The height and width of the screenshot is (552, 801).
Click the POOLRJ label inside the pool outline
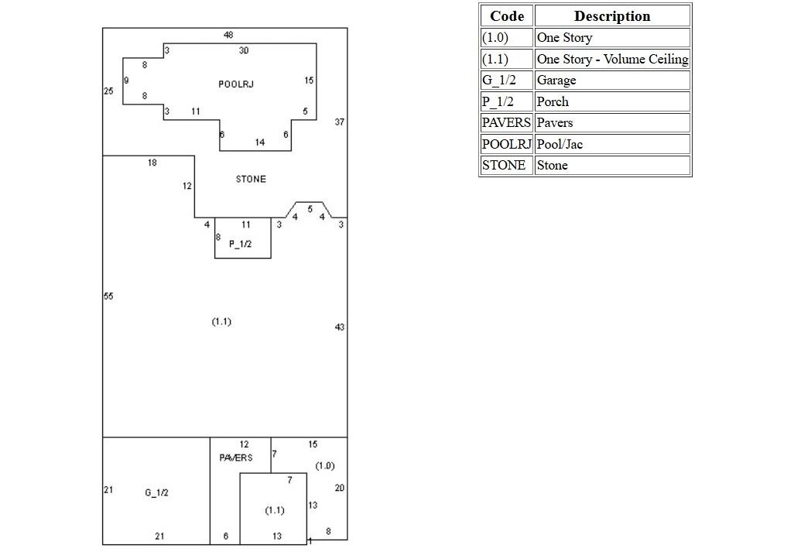click(x=235, y=84)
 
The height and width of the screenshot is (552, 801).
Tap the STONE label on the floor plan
click(x=251, y=180)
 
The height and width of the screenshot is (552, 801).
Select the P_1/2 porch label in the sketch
click(x=240, y=244)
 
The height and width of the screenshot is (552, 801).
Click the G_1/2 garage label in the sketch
click(x=156, y=493)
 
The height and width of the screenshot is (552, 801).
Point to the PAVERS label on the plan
click(x=235, y=458)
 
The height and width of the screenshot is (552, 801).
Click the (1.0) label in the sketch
click(x=325, y=466)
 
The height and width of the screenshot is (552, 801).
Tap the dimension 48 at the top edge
click(x=228, y=35)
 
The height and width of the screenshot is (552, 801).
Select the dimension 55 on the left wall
click(x=108, y=297)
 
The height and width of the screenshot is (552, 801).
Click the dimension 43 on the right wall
click(x=340, y=327)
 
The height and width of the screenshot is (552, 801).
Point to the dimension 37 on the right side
click(x=340, y=122)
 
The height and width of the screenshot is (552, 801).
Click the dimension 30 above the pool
click(x=244, y=51)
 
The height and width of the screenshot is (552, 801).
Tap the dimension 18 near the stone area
click(x=152, y=163)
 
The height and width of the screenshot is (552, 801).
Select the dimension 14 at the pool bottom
click(x=260, y=142)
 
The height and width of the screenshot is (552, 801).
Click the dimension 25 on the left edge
click(x=108, y=91)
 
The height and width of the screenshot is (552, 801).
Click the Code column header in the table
click(x=507, y=16)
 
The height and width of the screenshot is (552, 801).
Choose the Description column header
click(x=612, y=16)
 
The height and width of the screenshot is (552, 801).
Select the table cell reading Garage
click(x=612, y=81)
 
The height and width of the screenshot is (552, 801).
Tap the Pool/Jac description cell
click(x=612, y=144)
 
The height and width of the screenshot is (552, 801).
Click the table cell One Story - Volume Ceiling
click(x=612, y=59)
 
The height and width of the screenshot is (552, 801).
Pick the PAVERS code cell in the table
click(x=507, y=123)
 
